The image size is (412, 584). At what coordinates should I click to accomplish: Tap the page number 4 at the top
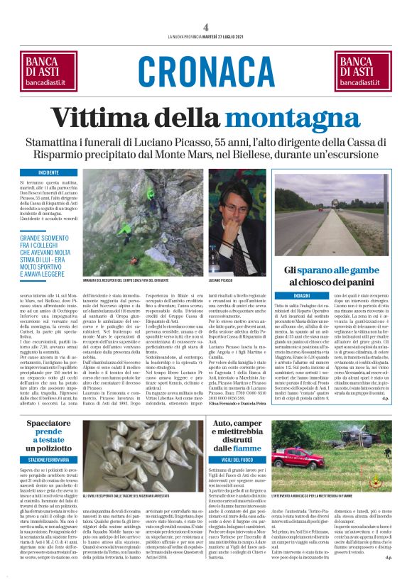[x=206, y=27]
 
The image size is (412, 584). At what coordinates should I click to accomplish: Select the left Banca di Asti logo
[x=50, y=72]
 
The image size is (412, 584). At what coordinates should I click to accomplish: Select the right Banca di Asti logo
[x=361, y=72]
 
